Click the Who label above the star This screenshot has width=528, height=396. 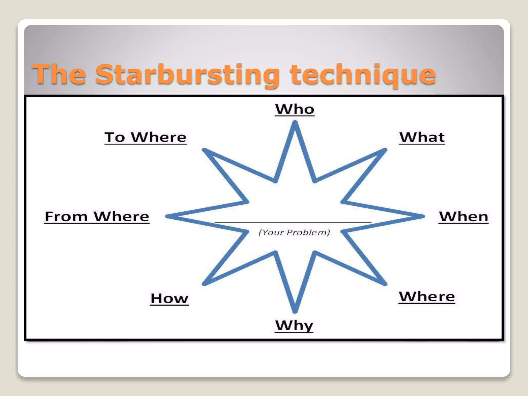tap(295, 109)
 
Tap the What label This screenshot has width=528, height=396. tap(422, 137)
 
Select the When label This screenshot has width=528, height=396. tap(464, 216)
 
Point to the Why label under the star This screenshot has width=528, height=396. tap(294, 325)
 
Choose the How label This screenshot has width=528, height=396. tap(169, 299)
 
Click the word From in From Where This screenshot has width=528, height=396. tap(66, 216)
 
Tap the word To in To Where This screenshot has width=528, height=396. tap(115, 137)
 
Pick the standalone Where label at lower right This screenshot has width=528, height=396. tap(427, 296)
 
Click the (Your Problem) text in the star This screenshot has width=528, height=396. tap(294, 232)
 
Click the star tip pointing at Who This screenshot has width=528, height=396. tap(295, 123)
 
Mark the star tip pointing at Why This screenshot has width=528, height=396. tap(295, 311)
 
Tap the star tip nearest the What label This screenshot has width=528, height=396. tap(385, 150)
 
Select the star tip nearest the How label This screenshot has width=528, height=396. tap(204, 284)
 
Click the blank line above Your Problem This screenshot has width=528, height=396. tap(293, 222)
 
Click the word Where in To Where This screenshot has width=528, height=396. tap(159, 137)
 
